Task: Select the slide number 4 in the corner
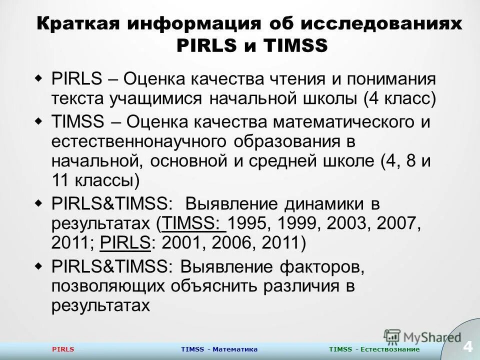coord(468,345)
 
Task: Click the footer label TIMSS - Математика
coord(219,349)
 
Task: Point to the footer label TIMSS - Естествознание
coord(374,349)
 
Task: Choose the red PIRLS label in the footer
coord(63,349)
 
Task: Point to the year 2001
coord(180,243)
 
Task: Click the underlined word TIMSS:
coord(192,223)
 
